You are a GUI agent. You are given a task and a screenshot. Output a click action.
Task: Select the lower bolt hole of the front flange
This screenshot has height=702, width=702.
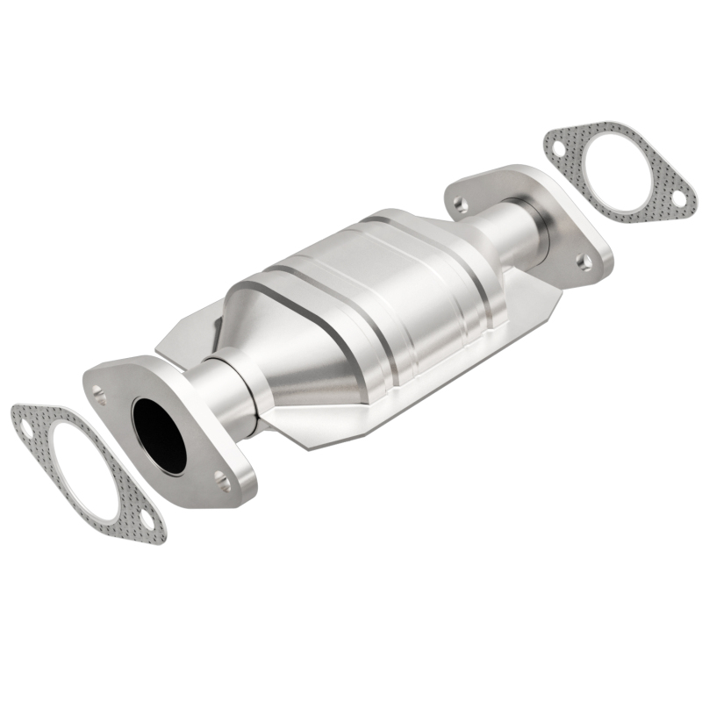click(223, 480)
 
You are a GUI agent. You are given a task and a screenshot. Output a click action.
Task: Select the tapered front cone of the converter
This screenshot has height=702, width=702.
click(290, 351)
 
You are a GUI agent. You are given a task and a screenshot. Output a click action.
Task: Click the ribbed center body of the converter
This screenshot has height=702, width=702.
click(386, 290)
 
